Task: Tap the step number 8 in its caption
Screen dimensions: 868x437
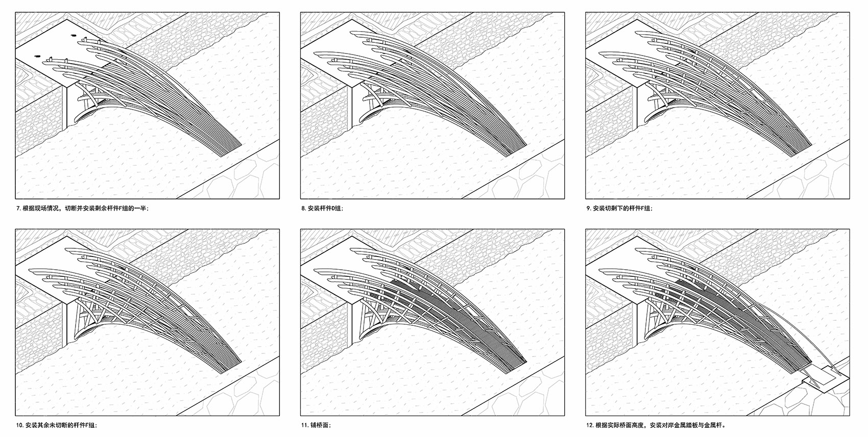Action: pos(303,208)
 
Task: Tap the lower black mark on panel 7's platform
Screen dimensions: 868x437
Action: pos(37,56)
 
